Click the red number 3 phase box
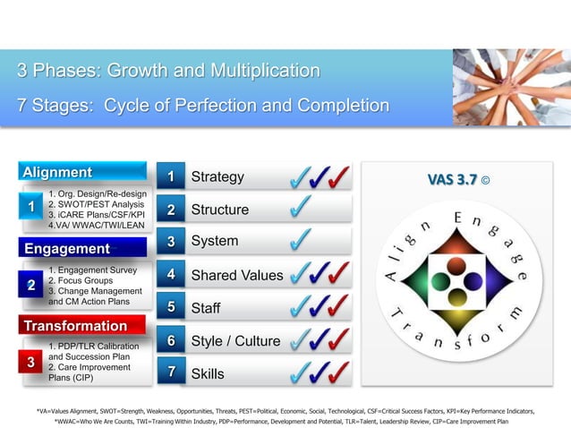click(30, 363)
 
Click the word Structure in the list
click(220, 210)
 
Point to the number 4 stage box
click(170, 275)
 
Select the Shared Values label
click(236, 275)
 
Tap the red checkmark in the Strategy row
click(339, 176)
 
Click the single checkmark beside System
click(302, 240)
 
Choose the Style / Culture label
click(235, 341)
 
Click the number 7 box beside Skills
click(170, 373)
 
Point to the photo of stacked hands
click(511, 87)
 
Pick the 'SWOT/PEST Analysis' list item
click(97, 204)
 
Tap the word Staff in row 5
click(206, 308)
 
